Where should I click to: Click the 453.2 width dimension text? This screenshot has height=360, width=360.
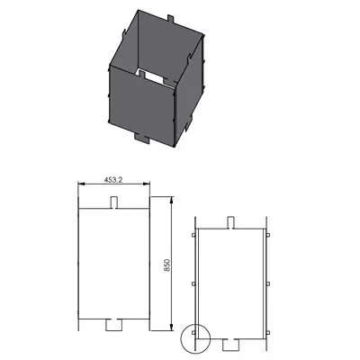[x=113, y=180]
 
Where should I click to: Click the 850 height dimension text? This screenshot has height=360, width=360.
[x=167, y=265]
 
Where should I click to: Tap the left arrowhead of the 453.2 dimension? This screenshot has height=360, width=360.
[x=81, y=184]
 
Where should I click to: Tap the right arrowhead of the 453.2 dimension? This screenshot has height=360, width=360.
[x=147, y=184]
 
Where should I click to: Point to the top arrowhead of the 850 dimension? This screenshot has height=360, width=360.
[x=172, y=200]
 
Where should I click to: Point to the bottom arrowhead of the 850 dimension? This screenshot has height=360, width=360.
[x=172, y=328]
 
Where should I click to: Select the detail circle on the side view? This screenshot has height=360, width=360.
[x=195, y=338]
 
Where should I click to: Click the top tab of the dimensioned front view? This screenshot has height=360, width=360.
[x=114, y=202]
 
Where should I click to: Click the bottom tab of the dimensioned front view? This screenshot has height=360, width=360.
[x=114, y=324]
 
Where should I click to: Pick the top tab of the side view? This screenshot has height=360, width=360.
[x=230, y=222]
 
